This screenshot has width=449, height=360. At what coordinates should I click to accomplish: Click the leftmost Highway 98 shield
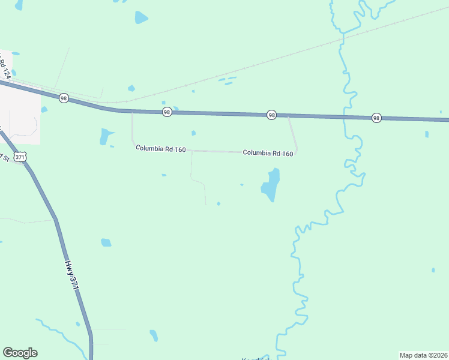(64, 98)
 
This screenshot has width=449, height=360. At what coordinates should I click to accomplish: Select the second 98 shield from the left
(167, 112)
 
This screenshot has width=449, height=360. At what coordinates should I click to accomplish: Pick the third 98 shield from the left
(272, 115)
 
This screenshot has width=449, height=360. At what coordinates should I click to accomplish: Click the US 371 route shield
(21, 157)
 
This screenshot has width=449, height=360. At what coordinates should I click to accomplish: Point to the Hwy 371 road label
(72, 275)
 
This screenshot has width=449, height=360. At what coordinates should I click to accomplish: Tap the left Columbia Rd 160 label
(160, 149)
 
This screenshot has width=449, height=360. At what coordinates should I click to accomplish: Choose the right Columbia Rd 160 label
(268, 153)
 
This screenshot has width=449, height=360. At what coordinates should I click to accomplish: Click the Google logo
(20, 353)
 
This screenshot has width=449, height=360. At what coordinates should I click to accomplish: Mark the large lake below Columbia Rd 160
(271, 185)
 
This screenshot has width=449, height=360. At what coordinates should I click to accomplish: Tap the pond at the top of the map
(141, 17)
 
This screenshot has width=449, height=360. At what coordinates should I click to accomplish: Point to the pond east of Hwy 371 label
(106, 242)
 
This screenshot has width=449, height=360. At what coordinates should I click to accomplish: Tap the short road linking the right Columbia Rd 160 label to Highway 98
(293, 133)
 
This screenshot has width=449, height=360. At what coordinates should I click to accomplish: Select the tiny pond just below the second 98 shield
(193, 133)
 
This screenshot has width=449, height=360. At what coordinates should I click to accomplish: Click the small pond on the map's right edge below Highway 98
(427, 134)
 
